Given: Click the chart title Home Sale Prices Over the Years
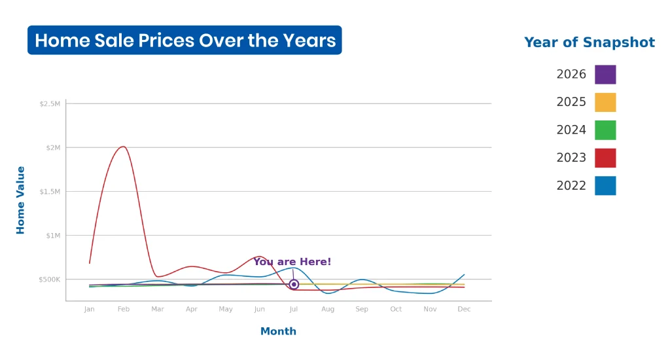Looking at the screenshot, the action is [185, 40].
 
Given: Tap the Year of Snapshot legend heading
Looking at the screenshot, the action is [590, 43].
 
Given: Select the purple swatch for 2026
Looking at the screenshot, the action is [605, 75].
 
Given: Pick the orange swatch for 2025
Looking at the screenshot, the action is [605, 102].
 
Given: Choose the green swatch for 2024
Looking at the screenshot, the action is [605, 130].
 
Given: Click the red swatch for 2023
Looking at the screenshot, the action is [605, 158].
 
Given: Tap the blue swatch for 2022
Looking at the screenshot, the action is [605, 185].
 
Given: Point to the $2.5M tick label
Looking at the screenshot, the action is [50, 104].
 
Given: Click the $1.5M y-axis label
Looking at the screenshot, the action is [50, 192].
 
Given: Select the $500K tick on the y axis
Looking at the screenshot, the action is [50, 279].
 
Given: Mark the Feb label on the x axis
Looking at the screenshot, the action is [124, 309].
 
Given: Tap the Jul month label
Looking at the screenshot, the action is [294, 309].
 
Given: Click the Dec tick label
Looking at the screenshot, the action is [464, 309].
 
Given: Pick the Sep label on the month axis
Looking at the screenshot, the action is [362, 309].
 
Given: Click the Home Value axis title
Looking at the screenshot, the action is [20, 200].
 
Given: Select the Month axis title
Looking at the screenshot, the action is [278, 331].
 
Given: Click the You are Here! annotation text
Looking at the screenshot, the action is [292, 262].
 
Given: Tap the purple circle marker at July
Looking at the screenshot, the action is [294, 284].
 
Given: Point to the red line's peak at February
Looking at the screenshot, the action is [123, 147].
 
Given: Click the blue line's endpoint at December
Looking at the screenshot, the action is [464, 274].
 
